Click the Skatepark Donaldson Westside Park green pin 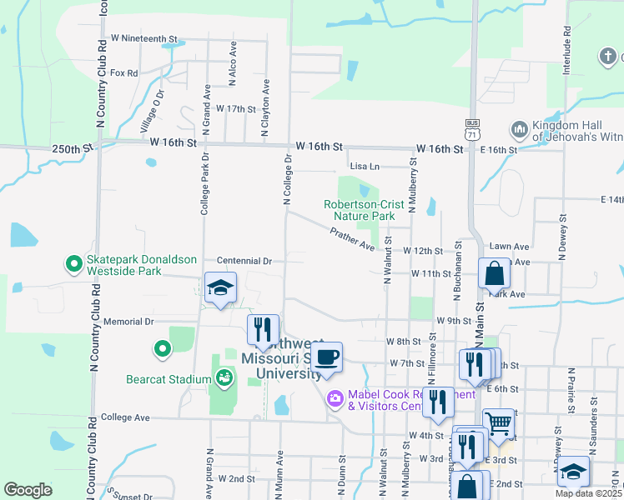point(73,264)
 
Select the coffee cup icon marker point(327,357)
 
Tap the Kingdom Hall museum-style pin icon point(519,130)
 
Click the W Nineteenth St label point(144,39)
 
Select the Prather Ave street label point(353,239)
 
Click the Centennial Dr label point(244,261)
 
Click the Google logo point(28,489)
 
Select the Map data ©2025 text point(587,493)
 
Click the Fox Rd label point(123,72)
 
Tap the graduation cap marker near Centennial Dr point(220,288)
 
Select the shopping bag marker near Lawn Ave point(494,272)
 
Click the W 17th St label point(235,109)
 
